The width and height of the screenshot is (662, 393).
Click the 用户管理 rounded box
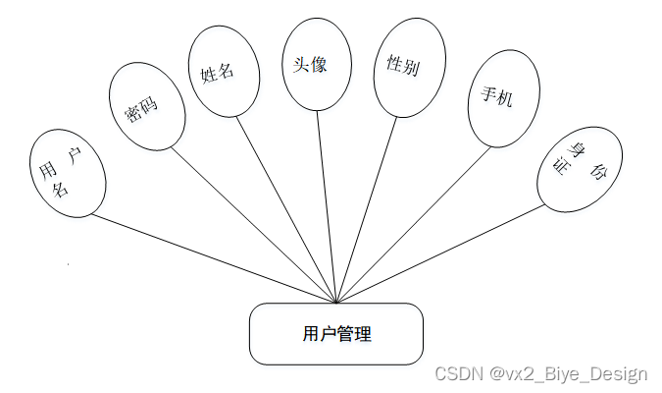click(x=335, y=334)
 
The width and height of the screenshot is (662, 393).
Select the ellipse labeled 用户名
click(x=67, y=172)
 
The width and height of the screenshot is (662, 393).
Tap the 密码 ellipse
click(x=143, y=106)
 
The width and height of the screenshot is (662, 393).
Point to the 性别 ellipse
click(x=403, y=72)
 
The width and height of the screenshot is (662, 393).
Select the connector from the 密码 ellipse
click(x=255, y=225)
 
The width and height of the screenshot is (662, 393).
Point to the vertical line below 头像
click(x=327, y=206)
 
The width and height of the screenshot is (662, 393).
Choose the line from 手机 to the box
click(x=412, y=225)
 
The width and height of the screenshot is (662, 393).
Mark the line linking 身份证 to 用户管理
click(x=441, y=253)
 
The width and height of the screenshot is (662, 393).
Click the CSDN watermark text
click(x=540, y=373)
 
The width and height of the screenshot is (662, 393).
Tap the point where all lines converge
click(x=336, y=303)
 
